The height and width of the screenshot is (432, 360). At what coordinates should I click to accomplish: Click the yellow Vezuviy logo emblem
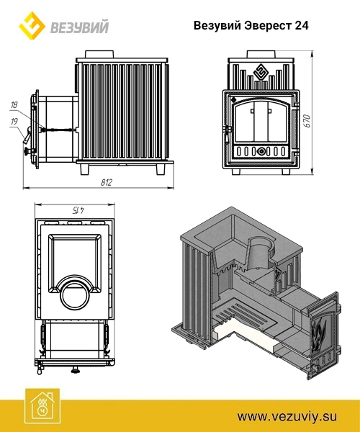(32, 25)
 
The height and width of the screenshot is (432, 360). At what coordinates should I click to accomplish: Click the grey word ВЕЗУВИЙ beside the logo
(80, 27)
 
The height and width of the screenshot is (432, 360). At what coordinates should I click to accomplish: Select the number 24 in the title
(302, 26)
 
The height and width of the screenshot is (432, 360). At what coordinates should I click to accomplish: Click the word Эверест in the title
(268, 26)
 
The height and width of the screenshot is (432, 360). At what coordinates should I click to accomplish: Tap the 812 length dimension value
(107, 182)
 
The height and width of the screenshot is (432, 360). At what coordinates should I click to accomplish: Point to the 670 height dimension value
(307, 121)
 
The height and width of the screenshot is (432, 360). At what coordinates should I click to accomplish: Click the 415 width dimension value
(78, 210)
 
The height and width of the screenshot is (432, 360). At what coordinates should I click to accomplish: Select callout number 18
(14, 105)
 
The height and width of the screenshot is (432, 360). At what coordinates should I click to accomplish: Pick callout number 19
(14, 121)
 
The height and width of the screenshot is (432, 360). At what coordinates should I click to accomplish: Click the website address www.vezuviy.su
(287, 416)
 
